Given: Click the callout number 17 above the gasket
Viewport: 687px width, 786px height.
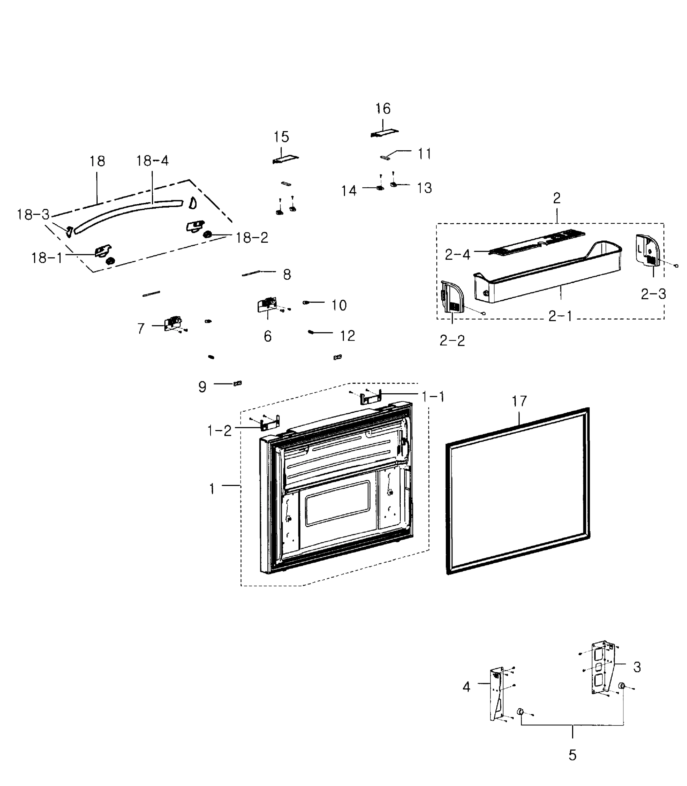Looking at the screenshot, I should [519, 401].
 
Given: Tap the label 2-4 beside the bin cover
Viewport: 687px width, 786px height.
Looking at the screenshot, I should [457, 254].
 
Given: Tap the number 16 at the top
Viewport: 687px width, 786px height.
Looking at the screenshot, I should [383, 109].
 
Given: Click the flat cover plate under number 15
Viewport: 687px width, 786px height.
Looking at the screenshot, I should [285, 159].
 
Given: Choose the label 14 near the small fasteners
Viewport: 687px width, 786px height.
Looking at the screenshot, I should [349, 191].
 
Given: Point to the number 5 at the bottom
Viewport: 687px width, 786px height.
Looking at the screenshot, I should [572, 755].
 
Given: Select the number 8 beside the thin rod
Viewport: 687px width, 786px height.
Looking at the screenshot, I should [287, 274].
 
